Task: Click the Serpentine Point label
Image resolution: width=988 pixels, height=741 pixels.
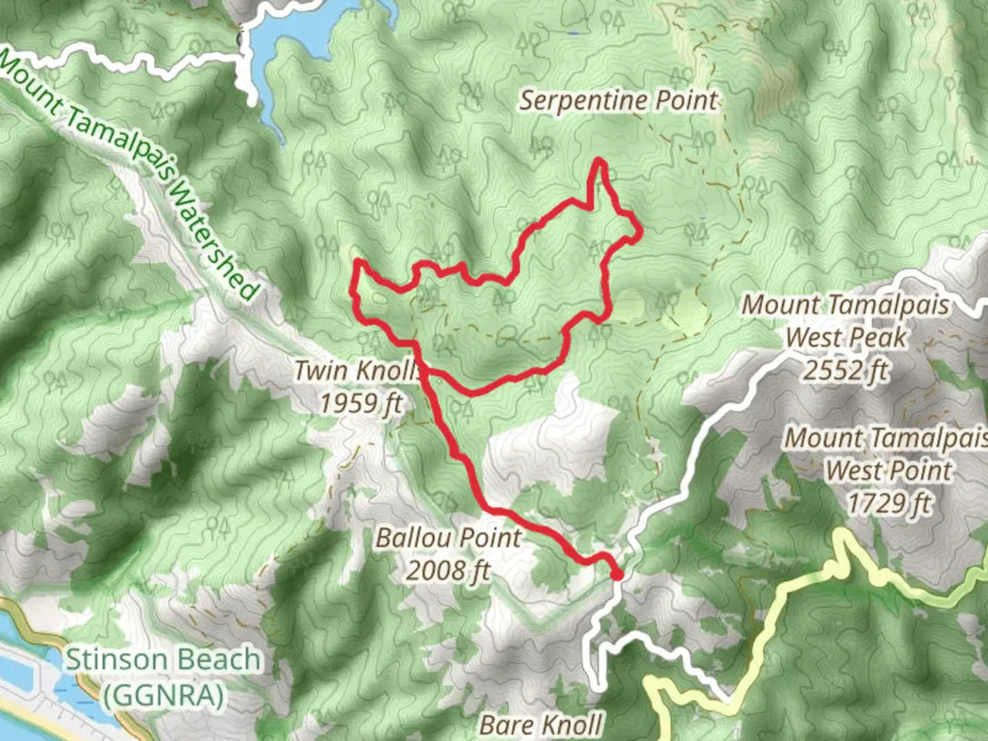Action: tap(617, 101)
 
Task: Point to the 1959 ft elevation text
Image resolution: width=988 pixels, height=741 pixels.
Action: tap(362, 403)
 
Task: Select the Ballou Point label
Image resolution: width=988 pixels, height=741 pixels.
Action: tap(448, 537)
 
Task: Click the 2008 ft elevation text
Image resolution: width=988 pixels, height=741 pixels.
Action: tap(448, 569)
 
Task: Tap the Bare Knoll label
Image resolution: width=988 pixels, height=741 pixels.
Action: tap(541, 725)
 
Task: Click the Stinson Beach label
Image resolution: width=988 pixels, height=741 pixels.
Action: tap(163, 661)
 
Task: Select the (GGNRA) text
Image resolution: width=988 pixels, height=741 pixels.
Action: tap(163, 695)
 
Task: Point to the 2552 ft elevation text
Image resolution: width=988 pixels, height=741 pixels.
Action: tap(846, 370)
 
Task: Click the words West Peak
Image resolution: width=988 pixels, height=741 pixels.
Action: tap(846, 338)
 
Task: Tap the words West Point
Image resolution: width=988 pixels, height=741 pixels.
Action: tap(889, 471)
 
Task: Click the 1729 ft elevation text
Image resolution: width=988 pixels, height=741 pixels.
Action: tap(889, 504)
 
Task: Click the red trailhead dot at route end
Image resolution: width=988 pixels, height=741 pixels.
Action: tap(616, 574)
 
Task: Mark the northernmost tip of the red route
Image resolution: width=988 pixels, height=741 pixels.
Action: tap(600, 161)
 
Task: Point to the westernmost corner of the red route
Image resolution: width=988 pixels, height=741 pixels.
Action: tap(353, 292)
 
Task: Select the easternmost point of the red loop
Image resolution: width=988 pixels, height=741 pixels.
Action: tap(639, 233)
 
